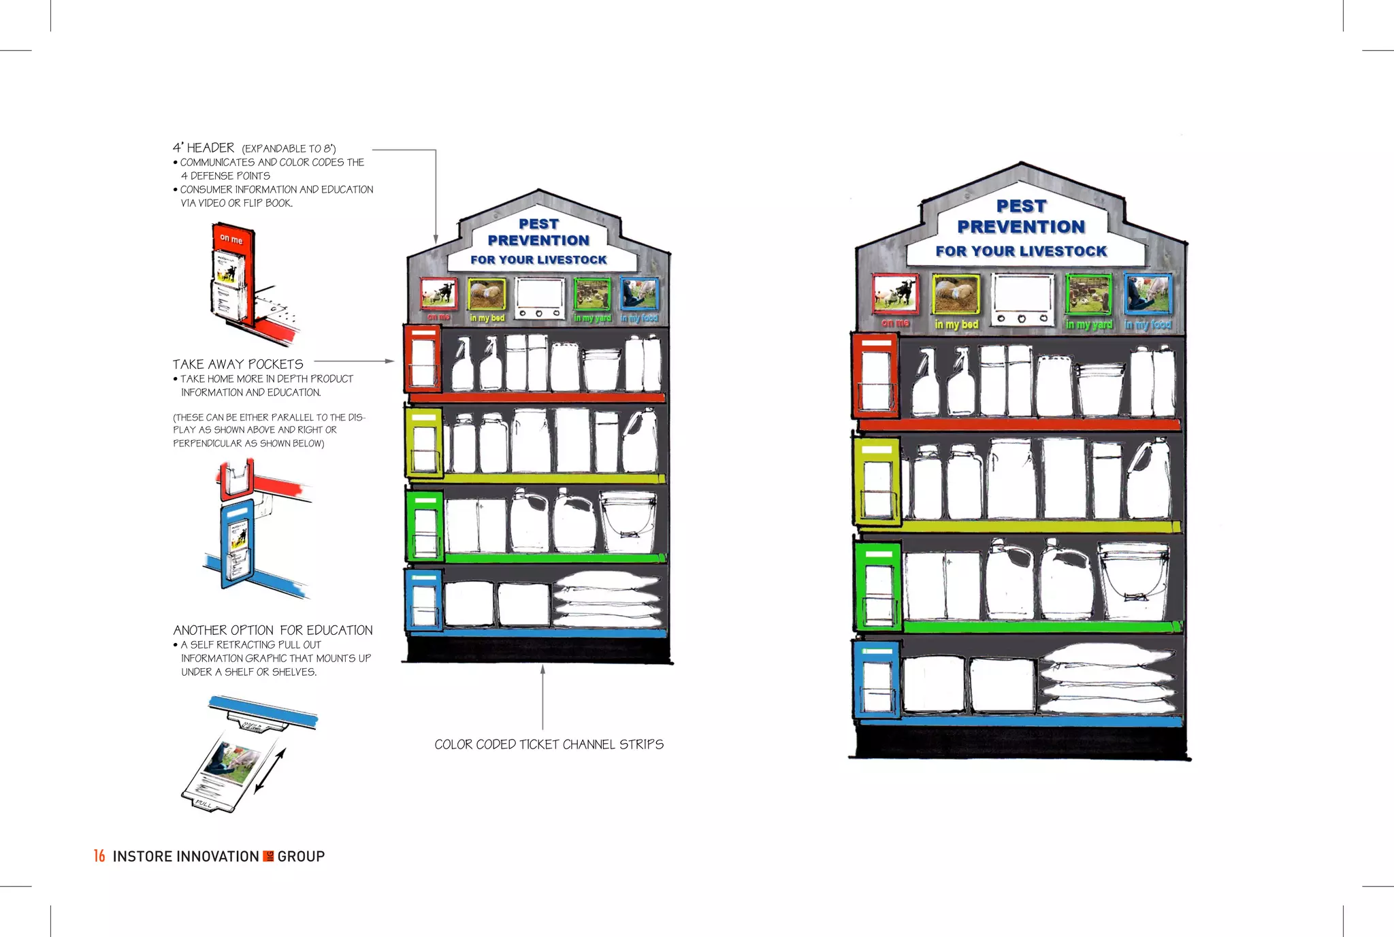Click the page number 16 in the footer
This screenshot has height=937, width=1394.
tap(99, 856)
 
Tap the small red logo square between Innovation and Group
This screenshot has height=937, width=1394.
tap(268, 856)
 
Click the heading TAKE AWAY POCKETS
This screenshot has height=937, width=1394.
tap(238, 365)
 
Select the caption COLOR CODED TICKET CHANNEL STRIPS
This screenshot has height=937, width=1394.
tap(549, 744)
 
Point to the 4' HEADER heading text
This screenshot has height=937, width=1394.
tap(204, 148)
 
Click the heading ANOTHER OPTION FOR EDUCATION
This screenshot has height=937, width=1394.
tap(272, 630)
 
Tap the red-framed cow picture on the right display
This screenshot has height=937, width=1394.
tap(895, 294)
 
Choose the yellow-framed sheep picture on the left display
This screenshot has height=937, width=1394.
tap(486, 294)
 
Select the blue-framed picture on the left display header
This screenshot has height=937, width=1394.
tap(639, 294)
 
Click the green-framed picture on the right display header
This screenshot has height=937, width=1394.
tap(1088, 295)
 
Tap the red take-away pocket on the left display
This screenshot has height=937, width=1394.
tap(423, 359)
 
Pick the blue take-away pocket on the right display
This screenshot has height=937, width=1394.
tap(877, 680)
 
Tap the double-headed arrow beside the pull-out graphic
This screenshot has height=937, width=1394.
tap(270, 771)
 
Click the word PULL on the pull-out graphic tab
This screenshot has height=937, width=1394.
tap(204, 804)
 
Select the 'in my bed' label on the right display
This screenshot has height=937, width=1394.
tap(956, 325)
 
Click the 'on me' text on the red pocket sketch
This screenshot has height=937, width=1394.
tap(231, 239)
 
